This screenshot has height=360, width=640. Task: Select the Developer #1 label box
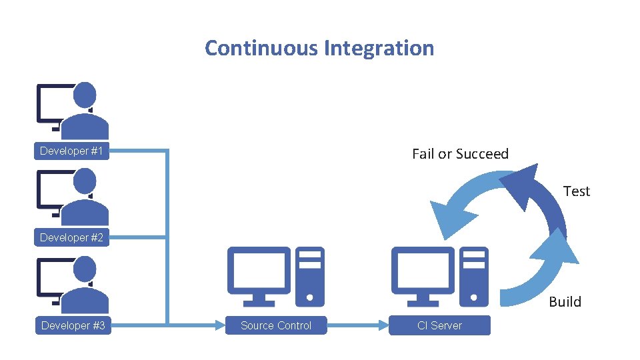(72, 151)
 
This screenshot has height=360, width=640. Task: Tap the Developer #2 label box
(72, 238)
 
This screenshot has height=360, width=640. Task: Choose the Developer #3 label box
(73, 325)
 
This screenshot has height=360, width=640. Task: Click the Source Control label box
(276, 325)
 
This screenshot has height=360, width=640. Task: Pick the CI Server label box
(439, 325)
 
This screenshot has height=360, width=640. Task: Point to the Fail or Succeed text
(460, 154)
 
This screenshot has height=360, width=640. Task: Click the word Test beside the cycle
(576, 191)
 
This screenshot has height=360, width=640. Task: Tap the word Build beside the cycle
(565, 301)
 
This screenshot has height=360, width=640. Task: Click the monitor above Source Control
(259, 270)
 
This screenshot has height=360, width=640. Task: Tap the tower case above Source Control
(309, 276)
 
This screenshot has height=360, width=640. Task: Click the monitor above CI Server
(422, 270)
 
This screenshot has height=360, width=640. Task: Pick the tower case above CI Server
(473, 276)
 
